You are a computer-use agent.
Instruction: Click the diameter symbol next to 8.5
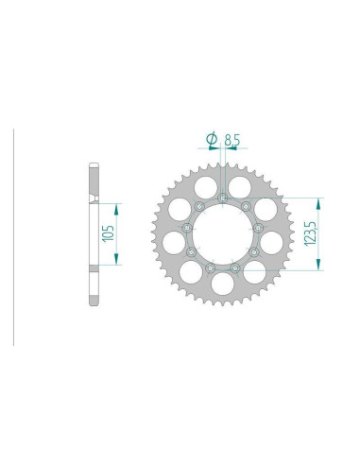pos(212,139)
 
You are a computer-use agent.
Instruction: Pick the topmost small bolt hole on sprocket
pos(221,198)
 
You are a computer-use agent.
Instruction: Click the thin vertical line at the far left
pos(13,236)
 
